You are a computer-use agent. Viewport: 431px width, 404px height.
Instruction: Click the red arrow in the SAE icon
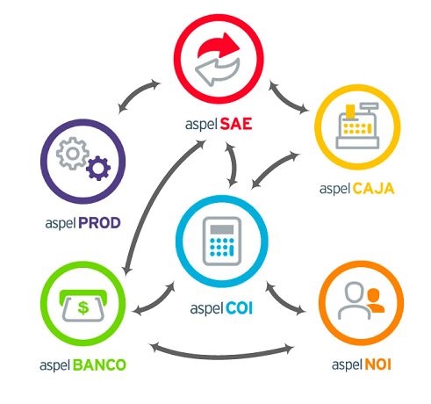pos(218,47)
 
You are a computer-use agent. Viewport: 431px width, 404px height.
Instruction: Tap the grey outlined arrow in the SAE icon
pos(217,73)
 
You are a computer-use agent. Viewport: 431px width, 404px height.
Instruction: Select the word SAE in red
pos(236,124)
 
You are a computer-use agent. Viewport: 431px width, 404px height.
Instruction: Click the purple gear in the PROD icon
pos(98,168)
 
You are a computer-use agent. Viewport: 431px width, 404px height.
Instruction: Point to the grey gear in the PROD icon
pos(73,154)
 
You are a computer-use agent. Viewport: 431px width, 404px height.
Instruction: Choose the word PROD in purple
pos(99,223)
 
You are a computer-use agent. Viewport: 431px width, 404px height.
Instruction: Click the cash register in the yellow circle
pos(357,126)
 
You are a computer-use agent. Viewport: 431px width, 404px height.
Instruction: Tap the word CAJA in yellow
pos(373,189)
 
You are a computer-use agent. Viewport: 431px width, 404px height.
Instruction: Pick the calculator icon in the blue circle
pos(222,242)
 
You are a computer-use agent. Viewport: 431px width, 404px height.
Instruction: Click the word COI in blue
pos(239,308)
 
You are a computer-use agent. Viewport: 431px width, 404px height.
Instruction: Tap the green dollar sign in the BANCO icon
pos(83,307)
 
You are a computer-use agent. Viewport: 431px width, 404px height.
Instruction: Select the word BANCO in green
pos(99,364)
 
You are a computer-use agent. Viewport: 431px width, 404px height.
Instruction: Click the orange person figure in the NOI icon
pos(375,300)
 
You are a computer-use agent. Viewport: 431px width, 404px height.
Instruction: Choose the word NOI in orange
pos(377,364)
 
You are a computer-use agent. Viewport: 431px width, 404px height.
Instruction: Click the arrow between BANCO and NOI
pos(222,357)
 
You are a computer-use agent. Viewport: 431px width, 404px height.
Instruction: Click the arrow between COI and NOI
pos(283,301)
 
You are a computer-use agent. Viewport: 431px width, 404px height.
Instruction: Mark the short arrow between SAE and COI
pos(233,165)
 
